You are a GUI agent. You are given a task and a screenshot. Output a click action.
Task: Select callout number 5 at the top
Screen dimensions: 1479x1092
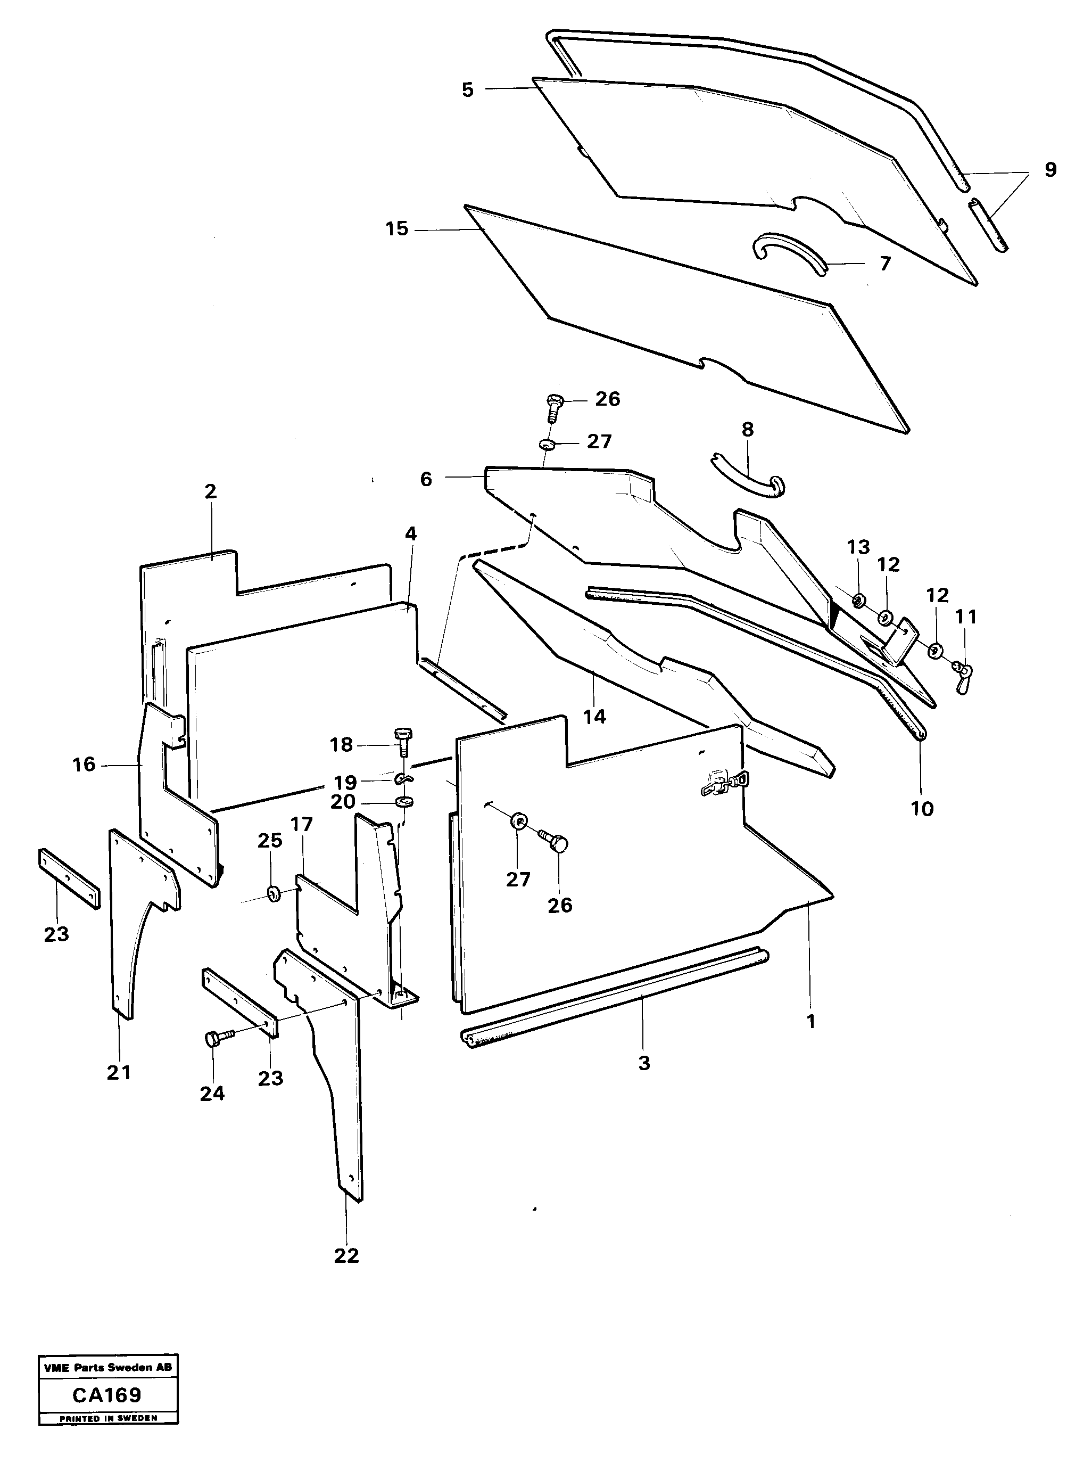tap(468, 90)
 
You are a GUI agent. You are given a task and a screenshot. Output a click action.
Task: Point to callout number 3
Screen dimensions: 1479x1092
tap(644, 1063)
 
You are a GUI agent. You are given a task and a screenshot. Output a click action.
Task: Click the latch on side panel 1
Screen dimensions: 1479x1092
tap(721, 784)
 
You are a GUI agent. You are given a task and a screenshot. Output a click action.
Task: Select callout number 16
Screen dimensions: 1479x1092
tap(84, 765)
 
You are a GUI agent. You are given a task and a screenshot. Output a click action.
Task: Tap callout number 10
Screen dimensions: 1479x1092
tap(922, 809)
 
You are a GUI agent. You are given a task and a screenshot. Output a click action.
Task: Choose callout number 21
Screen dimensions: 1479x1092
tap(119, 1072)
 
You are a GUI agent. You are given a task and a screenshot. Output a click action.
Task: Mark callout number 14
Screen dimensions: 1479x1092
tap(594, 716)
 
